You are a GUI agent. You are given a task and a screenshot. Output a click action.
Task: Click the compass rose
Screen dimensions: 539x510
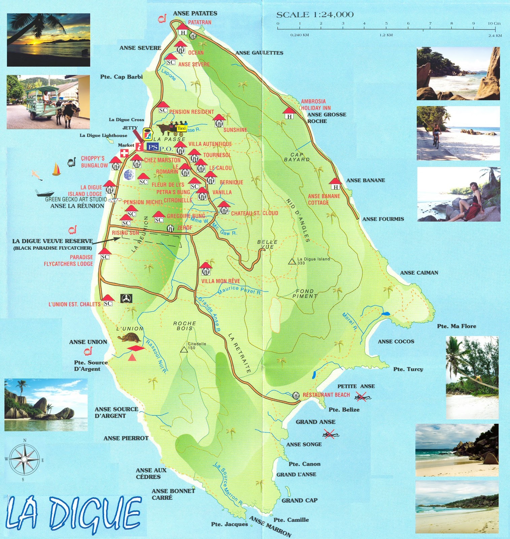24,459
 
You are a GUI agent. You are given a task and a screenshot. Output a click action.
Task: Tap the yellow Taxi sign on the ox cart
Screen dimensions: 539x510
181,128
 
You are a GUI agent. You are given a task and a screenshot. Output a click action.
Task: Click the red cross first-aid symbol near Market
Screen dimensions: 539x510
124,153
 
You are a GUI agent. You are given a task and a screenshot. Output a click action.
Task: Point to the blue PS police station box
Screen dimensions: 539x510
152,147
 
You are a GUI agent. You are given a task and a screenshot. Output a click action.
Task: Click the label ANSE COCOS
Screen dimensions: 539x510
396,341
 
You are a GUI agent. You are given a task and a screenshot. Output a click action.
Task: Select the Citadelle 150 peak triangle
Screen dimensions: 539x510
184,350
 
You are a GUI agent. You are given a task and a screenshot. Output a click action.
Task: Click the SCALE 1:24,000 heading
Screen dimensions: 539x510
315,15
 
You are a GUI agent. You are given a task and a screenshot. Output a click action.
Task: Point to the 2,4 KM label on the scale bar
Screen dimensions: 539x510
495,35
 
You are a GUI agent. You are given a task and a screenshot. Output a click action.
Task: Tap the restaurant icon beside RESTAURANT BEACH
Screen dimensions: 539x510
296,395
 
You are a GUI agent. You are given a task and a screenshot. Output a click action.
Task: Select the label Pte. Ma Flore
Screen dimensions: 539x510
456,326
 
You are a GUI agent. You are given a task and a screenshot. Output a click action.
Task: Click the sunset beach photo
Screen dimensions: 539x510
48,40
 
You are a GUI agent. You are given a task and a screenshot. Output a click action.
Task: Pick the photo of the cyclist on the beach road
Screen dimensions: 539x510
458,133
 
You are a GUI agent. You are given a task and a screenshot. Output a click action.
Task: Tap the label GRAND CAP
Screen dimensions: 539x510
299,500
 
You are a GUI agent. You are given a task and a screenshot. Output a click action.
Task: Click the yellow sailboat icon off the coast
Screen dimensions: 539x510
57,169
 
